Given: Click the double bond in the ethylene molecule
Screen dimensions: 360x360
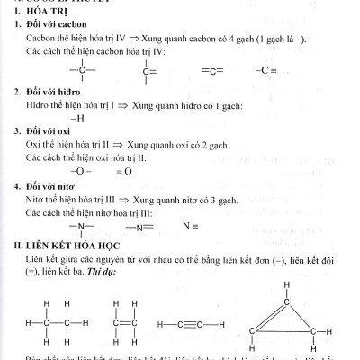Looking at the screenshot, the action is tap(125, 323).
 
